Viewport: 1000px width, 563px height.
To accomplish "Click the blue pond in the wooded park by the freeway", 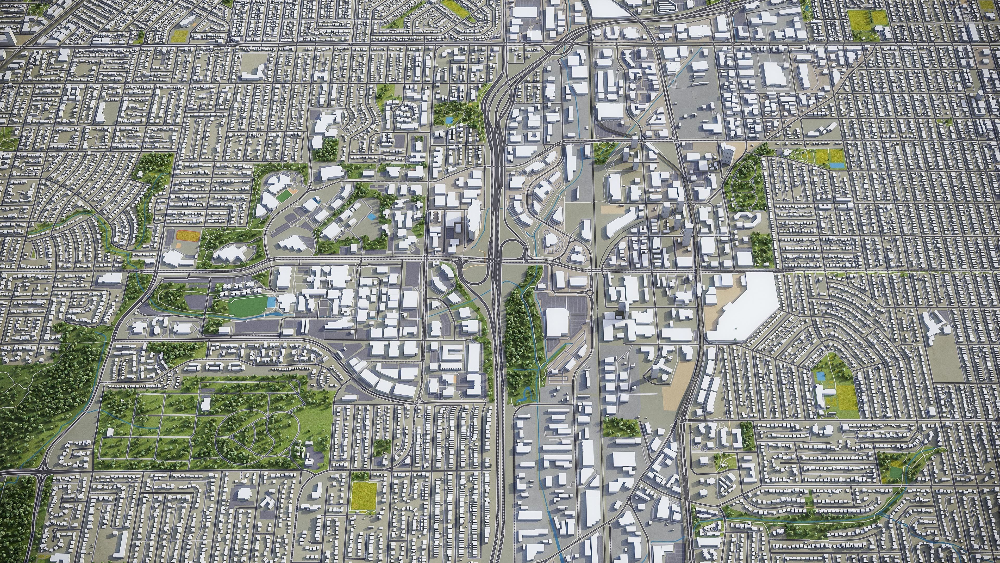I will coord(449,120).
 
